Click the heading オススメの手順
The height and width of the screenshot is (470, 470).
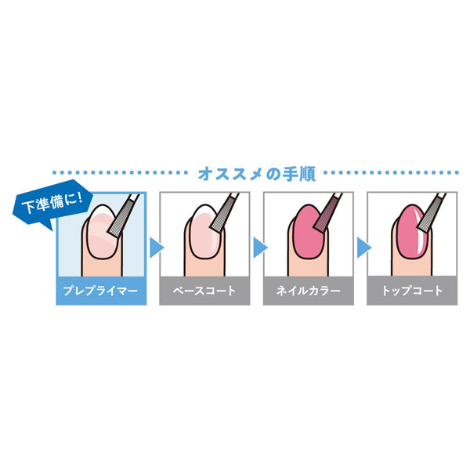pos(257,174)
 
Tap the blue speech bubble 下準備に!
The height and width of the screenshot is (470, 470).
pos(52,204)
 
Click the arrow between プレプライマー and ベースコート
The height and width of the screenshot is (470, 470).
pos(157,248)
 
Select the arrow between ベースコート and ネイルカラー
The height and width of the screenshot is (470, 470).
pos(260,248)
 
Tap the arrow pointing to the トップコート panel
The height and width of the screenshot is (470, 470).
pos(364,248)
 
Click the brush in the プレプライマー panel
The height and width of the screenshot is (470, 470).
pos(123,216)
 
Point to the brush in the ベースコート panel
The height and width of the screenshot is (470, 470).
pos(224,213)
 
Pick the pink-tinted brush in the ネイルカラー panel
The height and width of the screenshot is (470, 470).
pos(327,213)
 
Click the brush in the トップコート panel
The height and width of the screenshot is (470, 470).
pos(432,213)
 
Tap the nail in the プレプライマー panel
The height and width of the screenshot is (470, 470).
pos(102,231)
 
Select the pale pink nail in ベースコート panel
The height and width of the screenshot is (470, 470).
pos(205,231)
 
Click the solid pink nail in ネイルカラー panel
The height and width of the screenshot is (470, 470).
pos(309,231)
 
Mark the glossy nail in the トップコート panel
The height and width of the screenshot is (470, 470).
pos(412,231)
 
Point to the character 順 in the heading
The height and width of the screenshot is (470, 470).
pos(308,174)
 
